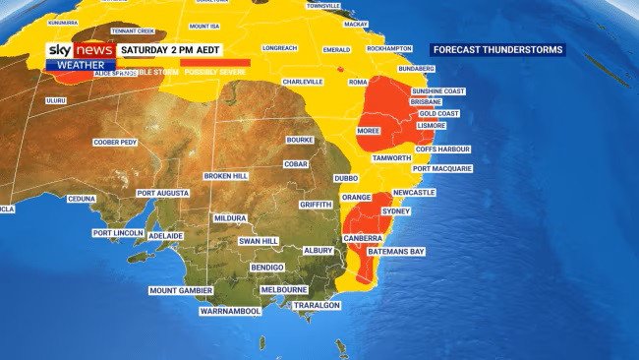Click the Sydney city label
point(394,211)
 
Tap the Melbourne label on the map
point(284,290)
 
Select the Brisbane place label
point(426,101)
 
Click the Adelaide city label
point(165,236)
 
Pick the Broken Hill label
point(226,176)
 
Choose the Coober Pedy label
point(115,143)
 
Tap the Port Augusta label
point(163,193)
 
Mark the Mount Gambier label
point(182,290)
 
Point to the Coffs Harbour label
point(443,150)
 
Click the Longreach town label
point(280,47)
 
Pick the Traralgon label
point(318,306)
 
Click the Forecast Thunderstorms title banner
point(497,49)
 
